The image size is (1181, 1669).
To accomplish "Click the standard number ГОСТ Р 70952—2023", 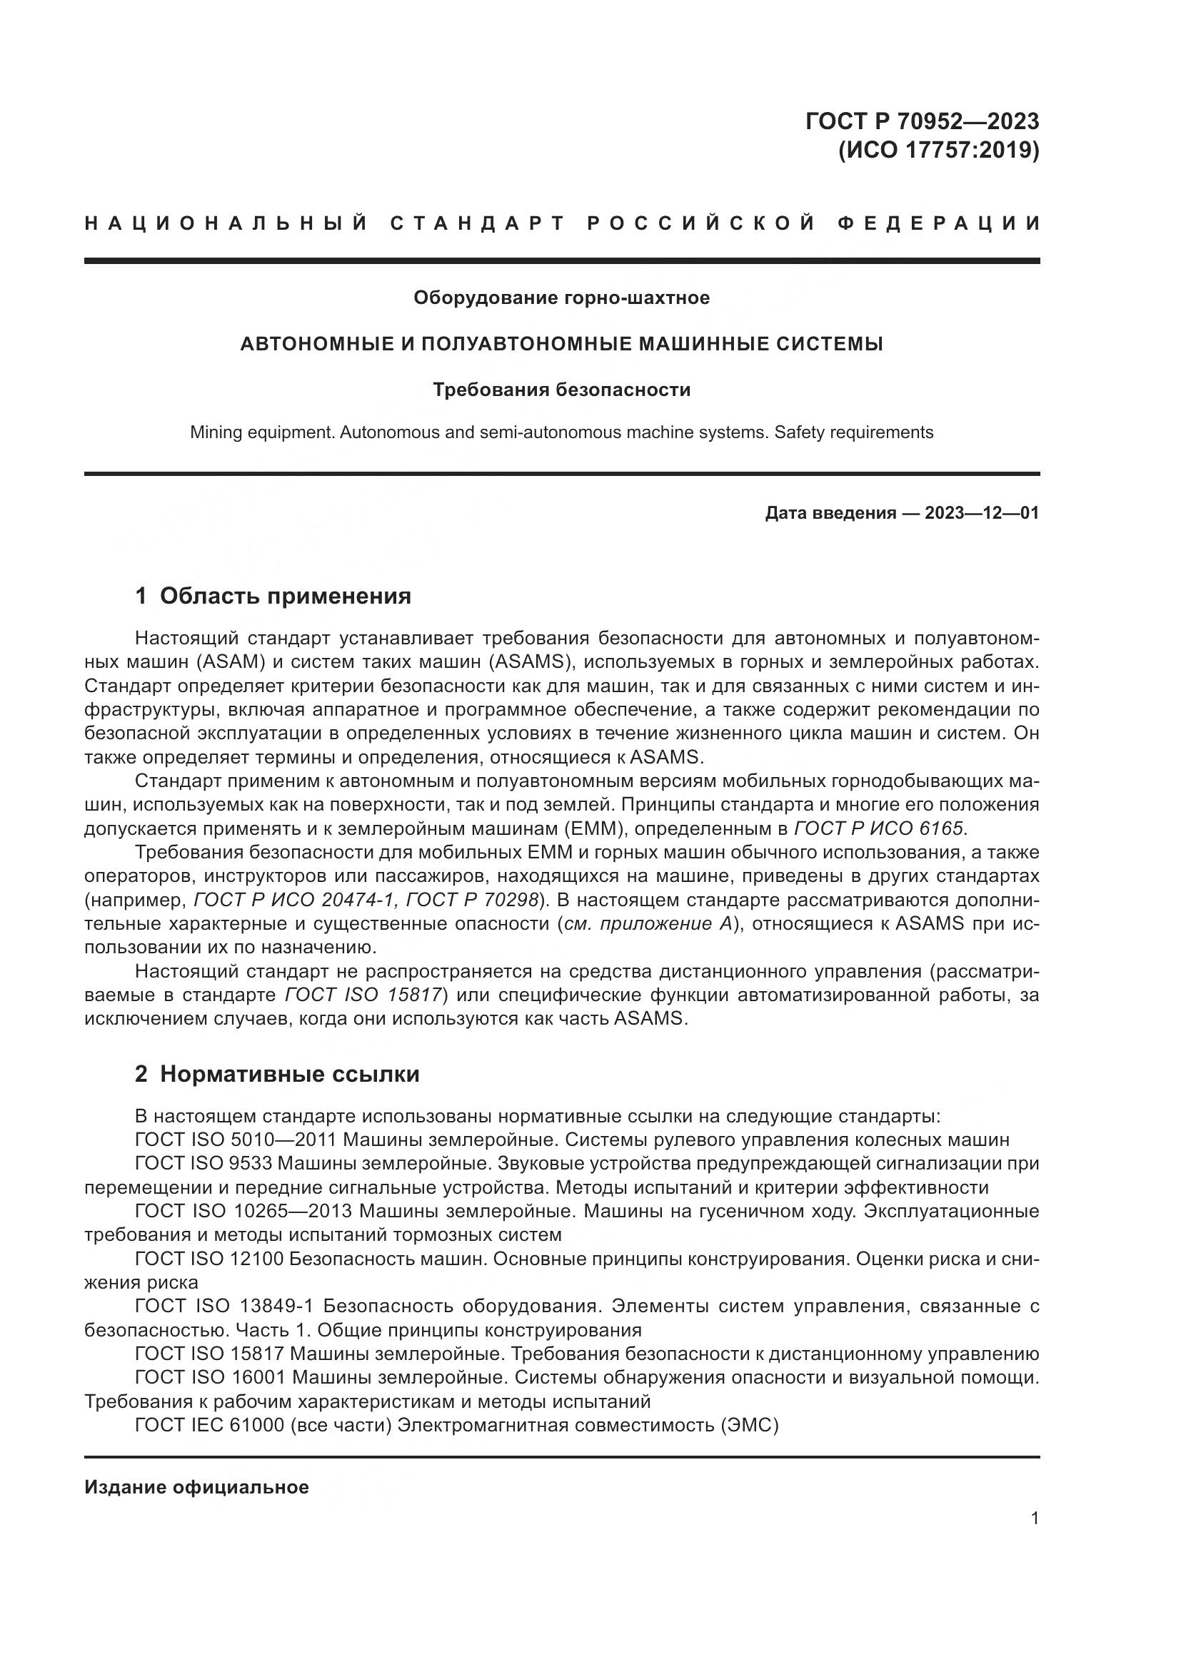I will tap(921, 121).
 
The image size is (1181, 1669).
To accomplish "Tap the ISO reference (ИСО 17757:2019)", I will tap(938, 151).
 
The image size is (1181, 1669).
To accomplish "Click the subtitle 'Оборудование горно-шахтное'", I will tap(561, 298).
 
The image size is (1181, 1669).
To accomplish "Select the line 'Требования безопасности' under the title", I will tap(561, 390).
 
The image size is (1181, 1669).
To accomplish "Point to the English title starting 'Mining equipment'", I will tap(561, 432).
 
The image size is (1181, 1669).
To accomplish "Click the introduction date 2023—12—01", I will tap(981, 513).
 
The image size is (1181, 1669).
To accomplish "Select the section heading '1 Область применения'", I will tap(273, 596).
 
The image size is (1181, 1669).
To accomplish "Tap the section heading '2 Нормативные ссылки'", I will tap(277, 1074).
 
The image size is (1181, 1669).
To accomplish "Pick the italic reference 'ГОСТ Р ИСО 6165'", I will tap(878, 828).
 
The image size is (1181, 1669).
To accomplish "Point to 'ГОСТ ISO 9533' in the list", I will tap(203, 1163).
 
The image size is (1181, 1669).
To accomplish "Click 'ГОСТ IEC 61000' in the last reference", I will tap(209, 1425).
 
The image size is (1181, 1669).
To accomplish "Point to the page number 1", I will tap(1034, 1518).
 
